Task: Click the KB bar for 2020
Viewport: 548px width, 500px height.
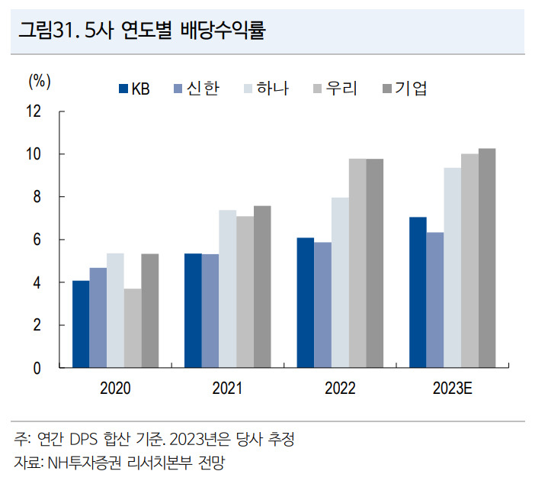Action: point(81,324)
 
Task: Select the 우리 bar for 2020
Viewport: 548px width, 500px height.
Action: point(133,328)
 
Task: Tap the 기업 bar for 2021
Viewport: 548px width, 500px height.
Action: point(262,287)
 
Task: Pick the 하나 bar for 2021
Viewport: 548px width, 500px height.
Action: point(228,289)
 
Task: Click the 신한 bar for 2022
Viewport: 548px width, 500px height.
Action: point(323,305)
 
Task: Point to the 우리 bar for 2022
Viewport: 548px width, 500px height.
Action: point(357,263)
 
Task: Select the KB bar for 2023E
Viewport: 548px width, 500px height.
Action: point(418,292)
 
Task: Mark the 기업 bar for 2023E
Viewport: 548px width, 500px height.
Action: point(487,258)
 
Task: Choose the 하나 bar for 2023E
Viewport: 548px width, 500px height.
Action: point(453,268)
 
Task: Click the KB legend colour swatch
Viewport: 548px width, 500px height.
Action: point(123,89)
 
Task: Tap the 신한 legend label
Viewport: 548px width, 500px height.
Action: point(203,89)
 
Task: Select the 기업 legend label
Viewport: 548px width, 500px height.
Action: point(411,89)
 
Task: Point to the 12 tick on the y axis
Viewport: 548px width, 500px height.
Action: point(62,111)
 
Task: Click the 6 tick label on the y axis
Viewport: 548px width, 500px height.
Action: point(37,240)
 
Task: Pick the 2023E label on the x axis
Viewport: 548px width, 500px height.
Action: point(453,388)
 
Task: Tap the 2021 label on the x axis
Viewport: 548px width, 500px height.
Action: point(228,388)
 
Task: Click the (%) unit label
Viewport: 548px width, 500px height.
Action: point(40,82)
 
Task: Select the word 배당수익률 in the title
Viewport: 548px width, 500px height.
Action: point(223,30)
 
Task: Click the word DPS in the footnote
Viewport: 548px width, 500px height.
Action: point(84,440)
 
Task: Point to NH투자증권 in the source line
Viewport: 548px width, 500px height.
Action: point(85,463)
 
